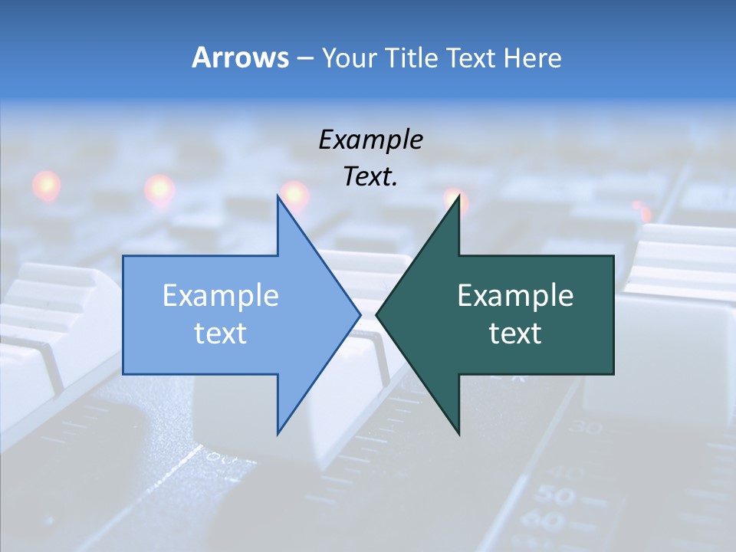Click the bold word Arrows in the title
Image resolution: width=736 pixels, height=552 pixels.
pos(239,58)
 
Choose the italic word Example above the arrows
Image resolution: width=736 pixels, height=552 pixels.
pos(370,140)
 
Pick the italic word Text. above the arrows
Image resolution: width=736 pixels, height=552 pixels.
pos(370,177)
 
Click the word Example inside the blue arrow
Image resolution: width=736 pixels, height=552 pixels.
pos(221,295)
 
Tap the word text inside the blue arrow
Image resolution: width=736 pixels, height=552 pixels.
pos(221,333)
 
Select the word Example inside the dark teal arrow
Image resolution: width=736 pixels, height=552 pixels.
pos(515,295)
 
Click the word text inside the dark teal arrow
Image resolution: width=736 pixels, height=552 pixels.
pos(515,333)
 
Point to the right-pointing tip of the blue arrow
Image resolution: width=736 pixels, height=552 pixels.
pos(360,314)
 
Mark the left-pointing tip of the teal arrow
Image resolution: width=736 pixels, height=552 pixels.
pos(376,314)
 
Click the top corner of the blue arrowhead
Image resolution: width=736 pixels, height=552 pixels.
pos(278,196)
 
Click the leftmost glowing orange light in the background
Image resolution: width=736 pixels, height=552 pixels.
pos(46,185)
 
